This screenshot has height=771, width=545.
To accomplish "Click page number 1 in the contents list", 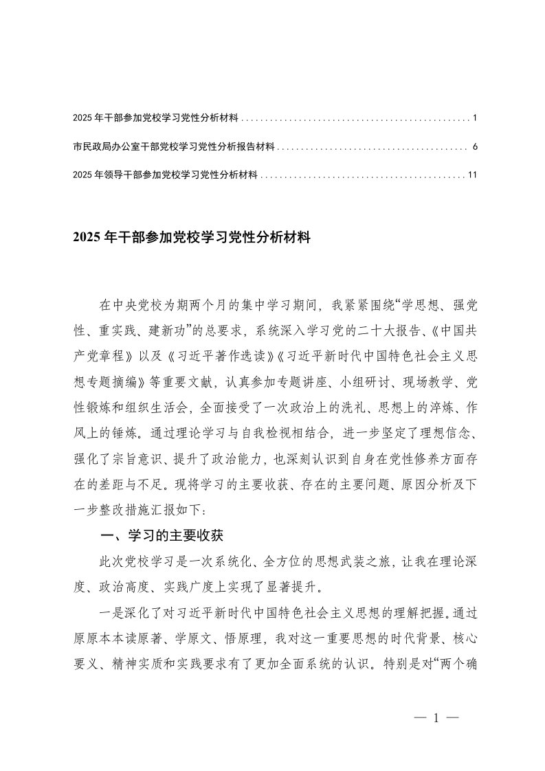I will point(475,119).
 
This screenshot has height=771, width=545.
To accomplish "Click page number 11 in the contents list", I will point(472,176).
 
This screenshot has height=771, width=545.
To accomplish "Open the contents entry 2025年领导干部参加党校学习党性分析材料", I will point(165,176).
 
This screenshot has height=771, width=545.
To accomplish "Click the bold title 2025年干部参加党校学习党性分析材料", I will point(192,238).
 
